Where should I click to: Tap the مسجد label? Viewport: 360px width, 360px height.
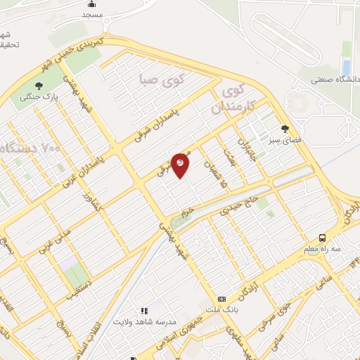click(x=92, y=14)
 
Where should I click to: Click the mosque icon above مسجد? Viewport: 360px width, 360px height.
click(x=92, y=4)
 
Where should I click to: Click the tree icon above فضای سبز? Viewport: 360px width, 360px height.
click(x=285, y=129)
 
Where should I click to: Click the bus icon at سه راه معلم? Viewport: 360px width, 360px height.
click(x=323, y=238)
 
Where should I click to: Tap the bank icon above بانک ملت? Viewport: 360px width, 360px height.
click(x=222, y=299)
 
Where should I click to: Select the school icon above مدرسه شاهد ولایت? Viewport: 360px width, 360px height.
click(x=143, y=310)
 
